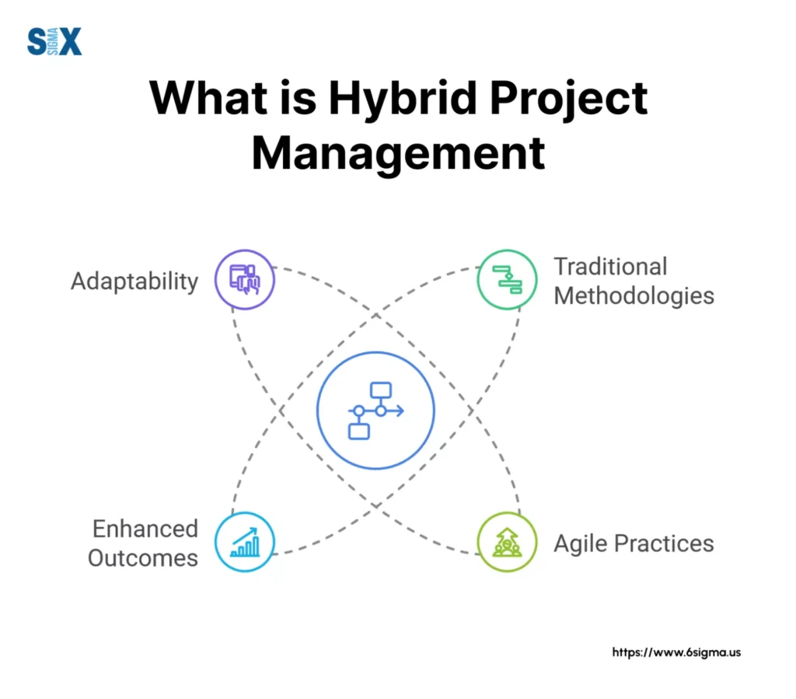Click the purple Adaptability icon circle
245,279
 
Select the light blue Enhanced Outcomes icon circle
245,542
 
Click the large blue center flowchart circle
375,410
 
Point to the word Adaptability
134,281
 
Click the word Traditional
610,267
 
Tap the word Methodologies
634,295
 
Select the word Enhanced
145,529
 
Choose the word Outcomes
143,557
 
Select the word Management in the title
398,154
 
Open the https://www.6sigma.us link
676,652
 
